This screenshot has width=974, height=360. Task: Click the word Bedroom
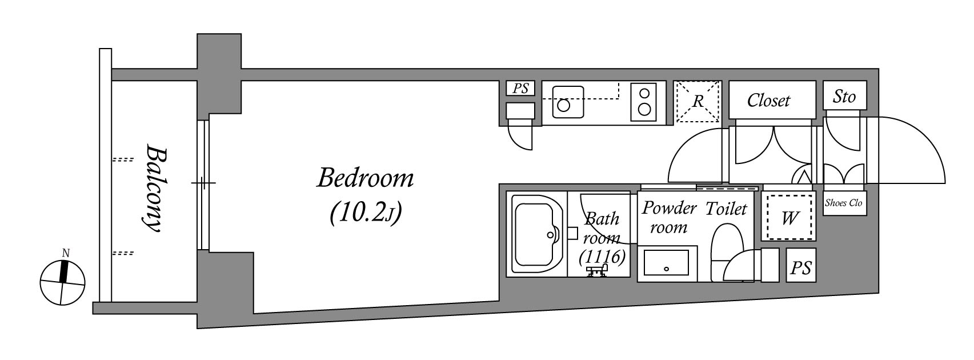coord(365,179)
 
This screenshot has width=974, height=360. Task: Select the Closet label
coord(768,101)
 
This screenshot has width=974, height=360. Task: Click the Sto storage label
coord(844,97)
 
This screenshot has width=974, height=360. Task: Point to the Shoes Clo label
coord(844,203)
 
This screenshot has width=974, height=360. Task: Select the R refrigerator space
coord(698,101)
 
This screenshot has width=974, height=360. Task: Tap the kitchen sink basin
coord(568,102)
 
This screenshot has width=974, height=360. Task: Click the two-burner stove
coord(644,102)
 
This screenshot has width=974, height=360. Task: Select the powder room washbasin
coord(667,263)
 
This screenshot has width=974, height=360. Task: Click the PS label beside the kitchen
coord(520,88)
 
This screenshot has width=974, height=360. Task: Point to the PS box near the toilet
coord(801,265)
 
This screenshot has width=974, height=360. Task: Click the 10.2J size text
coord(365,214)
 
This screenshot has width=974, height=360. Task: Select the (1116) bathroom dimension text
coord(603,257)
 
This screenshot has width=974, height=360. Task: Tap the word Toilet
coord(726,209)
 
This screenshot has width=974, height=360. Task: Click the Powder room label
coord(669,217)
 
